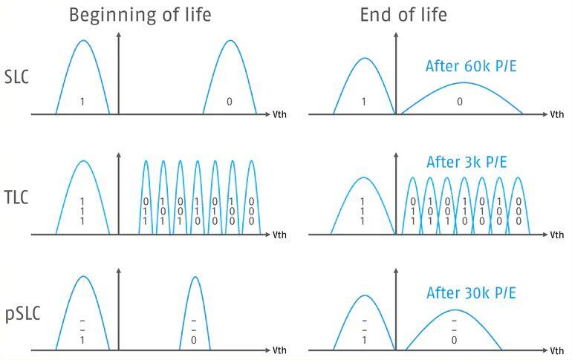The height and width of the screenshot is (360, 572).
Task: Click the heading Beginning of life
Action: (140, 16)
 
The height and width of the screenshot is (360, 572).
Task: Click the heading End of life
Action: (403, 16)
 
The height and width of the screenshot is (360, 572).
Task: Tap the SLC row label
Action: (16, 76)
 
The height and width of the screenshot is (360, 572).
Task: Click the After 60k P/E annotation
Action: (470, 66)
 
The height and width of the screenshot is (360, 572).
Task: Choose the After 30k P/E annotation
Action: (470, 292)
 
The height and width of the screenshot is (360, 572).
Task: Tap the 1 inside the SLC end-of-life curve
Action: (363, 102)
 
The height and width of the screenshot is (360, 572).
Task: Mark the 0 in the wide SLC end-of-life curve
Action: (459, 102)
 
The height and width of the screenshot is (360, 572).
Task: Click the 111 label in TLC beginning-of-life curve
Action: (82, 211)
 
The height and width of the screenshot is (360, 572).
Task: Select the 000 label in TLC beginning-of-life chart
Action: (251, 211)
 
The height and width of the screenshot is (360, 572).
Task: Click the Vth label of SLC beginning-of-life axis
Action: (279, 114)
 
